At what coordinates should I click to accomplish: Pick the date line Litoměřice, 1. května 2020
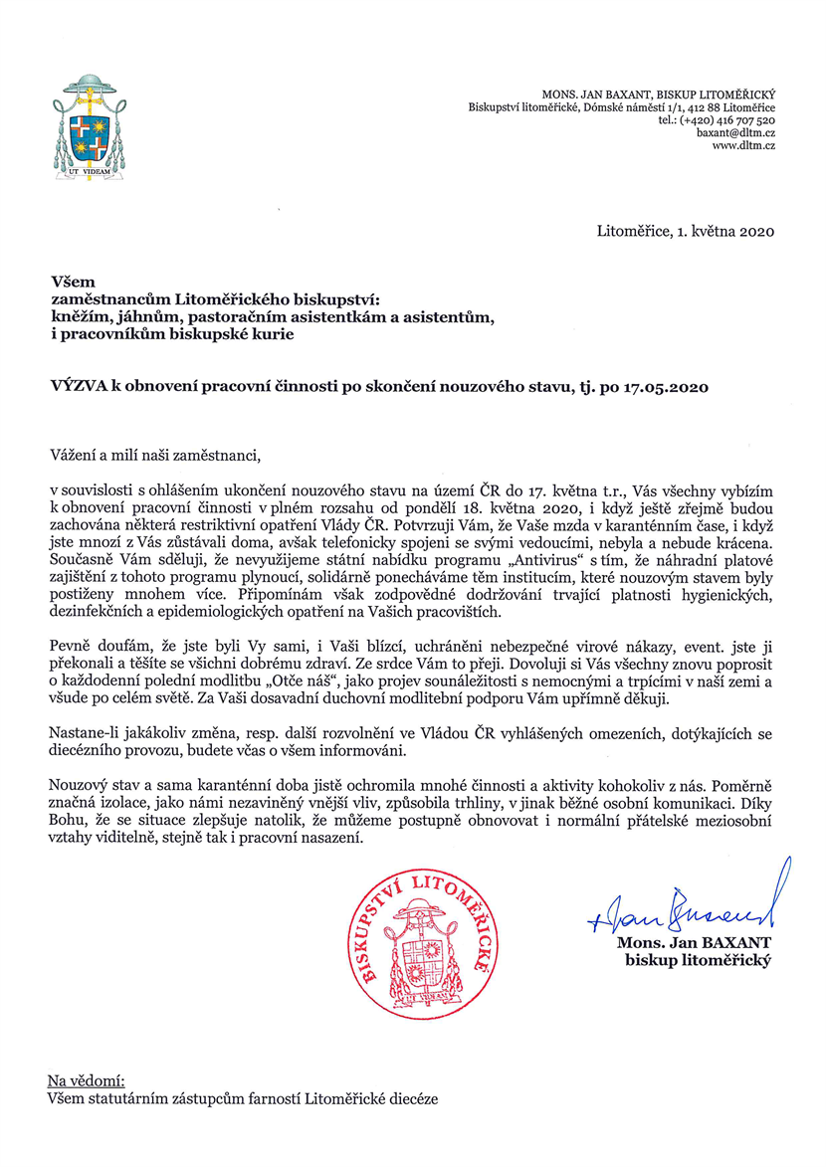(x=686, y=232)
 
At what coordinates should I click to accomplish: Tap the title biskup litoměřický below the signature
(x=698, y=960)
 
